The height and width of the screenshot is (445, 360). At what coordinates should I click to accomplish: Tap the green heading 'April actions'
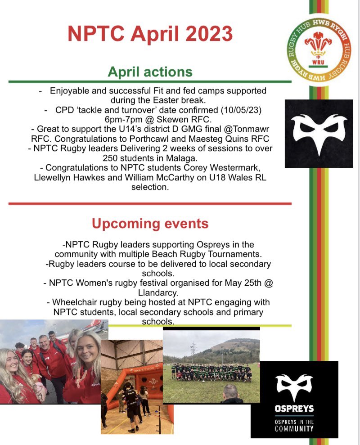(150, 72)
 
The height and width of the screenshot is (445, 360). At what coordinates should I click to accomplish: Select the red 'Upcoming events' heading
(150, 224)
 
